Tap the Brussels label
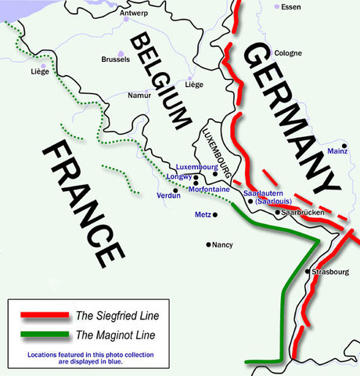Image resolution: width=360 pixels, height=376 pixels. click(115, 60)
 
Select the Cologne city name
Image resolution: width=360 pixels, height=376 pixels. click(287, 53)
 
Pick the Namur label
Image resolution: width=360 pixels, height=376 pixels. click(139, 96)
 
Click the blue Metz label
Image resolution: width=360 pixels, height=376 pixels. click(202, 214)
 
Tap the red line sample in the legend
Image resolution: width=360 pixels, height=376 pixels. click(42, 316)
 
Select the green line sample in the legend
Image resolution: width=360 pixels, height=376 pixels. click(42, 335)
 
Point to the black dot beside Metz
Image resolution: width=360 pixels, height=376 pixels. click(214, 214)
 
